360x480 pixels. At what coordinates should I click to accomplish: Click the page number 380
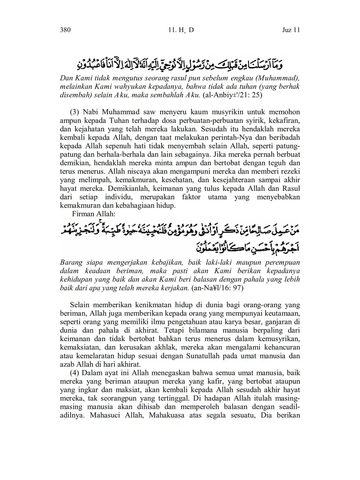point(65,30)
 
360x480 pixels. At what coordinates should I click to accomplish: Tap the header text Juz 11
point(291,30)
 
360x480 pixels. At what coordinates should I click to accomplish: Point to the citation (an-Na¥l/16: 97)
point(217,288)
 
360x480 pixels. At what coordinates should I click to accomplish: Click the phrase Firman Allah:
point(93,214)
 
